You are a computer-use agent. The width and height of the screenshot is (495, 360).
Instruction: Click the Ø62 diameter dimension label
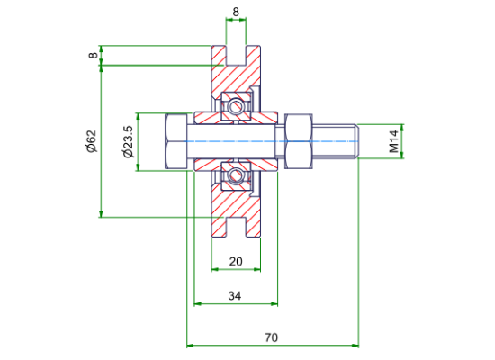click(x=92, y=141)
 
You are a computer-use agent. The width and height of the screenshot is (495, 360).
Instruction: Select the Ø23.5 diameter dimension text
click(x=129, y=141)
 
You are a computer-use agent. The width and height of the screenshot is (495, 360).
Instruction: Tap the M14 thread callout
click(x=394, y=141)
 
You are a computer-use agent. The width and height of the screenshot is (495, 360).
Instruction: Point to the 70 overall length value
click(x=271, y=337)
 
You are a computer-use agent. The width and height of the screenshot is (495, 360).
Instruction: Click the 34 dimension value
click(x=235, y=296)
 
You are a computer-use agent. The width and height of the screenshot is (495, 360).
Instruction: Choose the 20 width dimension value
click(x=236, y=262)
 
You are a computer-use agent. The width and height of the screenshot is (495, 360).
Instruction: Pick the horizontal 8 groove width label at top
click(x=236, y=12)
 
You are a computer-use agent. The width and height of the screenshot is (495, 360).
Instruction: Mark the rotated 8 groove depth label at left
click(x=94, y=55)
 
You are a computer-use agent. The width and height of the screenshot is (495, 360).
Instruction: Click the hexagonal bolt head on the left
click(x=175, y=141)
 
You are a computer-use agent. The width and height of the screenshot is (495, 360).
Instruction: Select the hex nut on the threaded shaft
click(x=299, y=141)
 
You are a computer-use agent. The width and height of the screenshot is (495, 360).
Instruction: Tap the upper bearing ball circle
click(x=235, y=106)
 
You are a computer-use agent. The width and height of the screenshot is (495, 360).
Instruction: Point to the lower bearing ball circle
click(x=235, y=175)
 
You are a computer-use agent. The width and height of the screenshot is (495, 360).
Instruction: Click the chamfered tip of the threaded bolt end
click(x=357, y=141)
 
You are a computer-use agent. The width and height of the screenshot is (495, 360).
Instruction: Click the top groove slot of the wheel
click(x=236, y=55)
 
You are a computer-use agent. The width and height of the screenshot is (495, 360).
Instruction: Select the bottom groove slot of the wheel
click(x=236, y=228)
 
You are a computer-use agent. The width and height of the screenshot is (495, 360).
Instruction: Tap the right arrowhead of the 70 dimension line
click(x=355, y=346)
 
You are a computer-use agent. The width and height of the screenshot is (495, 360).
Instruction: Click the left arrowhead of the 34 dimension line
click(x=198, y=304)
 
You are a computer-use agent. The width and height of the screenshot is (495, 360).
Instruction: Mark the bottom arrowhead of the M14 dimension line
click(x=402, y=155)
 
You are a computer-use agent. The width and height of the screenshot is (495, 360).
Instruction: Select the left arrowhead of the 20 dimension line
click(x=215, y=269)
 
